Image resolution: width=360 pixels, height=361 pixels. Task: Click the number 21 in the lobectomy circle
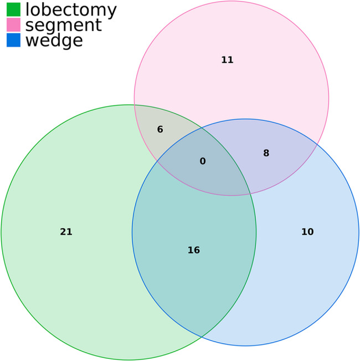66,232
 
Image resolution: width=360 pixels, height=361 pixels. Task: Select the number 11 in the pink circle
227,60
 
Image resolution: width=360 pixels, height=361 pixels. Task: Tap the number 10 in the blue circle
307,232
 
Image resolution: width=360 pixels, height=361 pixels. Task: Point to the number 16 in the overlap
193,250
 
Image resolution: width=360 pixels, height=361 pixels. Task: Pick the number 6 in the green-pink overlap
160,130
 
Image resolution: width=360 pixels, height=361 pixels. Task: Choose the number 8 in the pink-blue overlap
266,152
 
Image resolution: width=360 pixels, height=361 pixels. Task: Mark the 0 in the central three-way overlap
202,161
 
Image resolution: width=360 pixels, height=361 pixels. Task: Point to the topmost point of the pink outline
232,2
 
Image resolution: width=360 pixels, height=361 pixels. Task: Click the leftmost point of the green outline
1,232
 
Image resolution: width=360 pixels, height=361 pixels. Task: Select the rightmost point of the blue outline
359,232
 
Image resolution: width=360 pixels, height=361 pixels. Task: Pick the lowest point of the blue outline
245,346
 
